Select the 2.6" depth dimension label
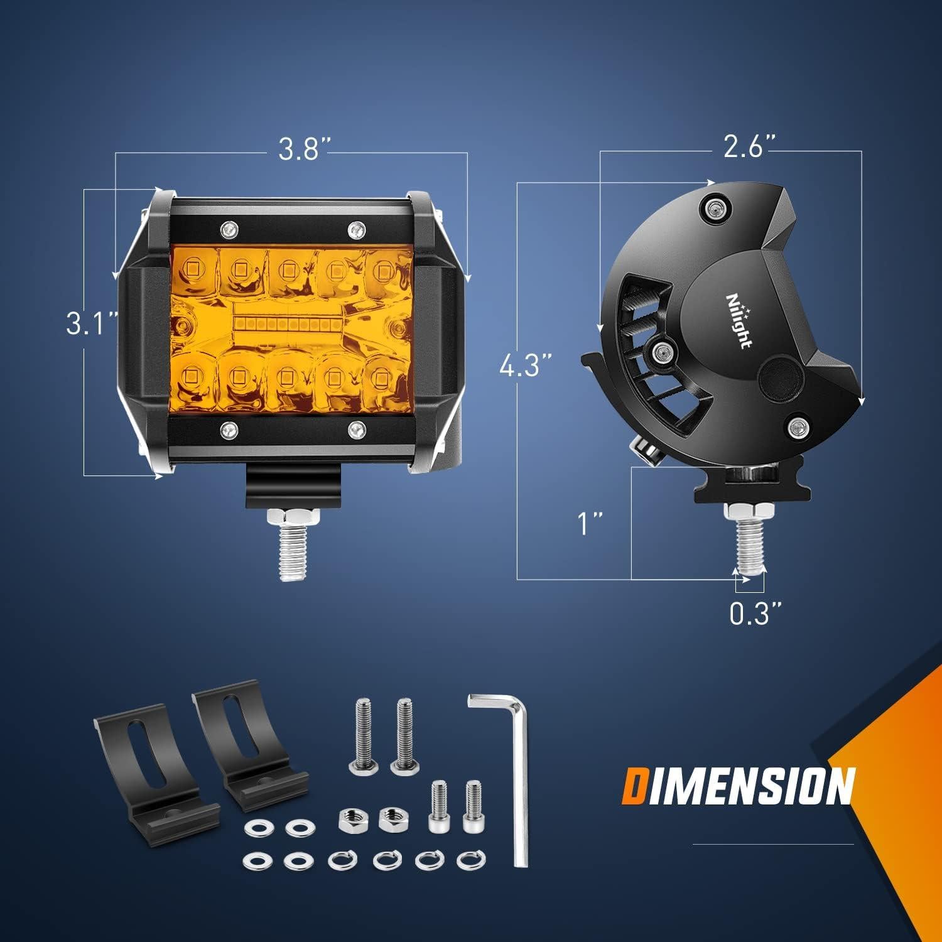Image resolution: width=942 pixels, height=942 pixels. pos(750,148)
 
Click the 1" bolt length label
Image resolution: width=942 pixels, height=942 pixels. pos(590,522)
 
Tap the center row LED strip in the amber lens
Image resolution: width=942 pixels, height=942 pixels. pos(288,325)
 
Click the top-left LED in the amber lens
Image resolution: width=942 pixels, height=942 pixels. pos(189,269)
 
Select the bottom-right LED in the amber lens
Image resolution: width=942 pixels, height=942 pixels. pos(382,377)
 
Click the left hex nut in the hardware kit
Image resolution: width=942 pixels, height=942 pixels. pos(350,819)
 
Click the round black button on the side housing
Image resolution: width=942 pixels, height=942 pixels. pos(781,376)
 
